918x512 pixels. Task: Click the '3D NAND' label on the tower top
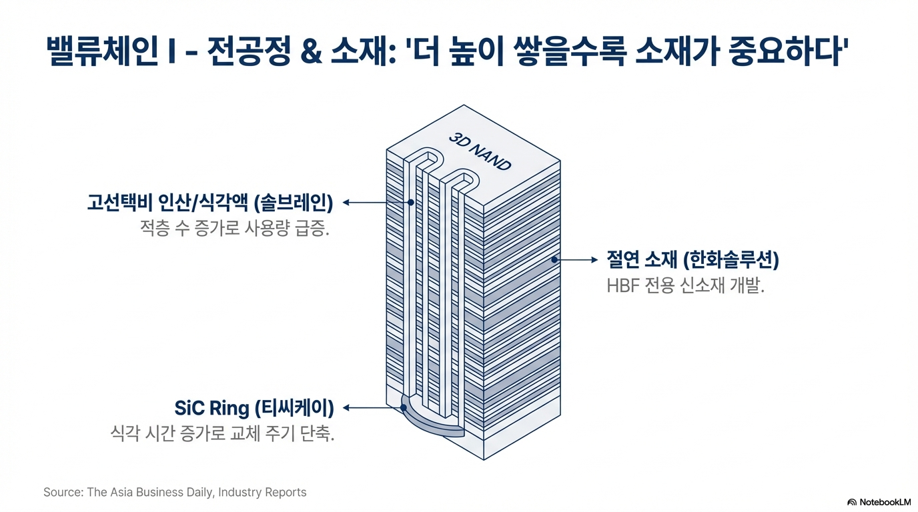[480, 151]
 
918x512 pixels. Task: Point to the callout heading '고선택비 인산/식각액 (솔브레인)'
[209, 202]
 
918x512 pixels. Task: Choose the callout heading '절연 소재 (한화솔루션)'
[693, 260]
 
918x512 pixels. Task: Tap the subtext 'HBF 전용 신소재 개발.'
[684, 287]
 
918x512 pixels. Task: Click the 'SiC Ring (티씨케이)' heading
[254, 407]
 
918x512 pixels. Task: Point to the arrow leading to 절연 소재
[578, 260]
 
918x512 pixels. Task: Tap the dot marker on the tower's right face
[554, 260]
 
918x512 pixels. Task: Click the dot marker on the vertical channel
[411, 202]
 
